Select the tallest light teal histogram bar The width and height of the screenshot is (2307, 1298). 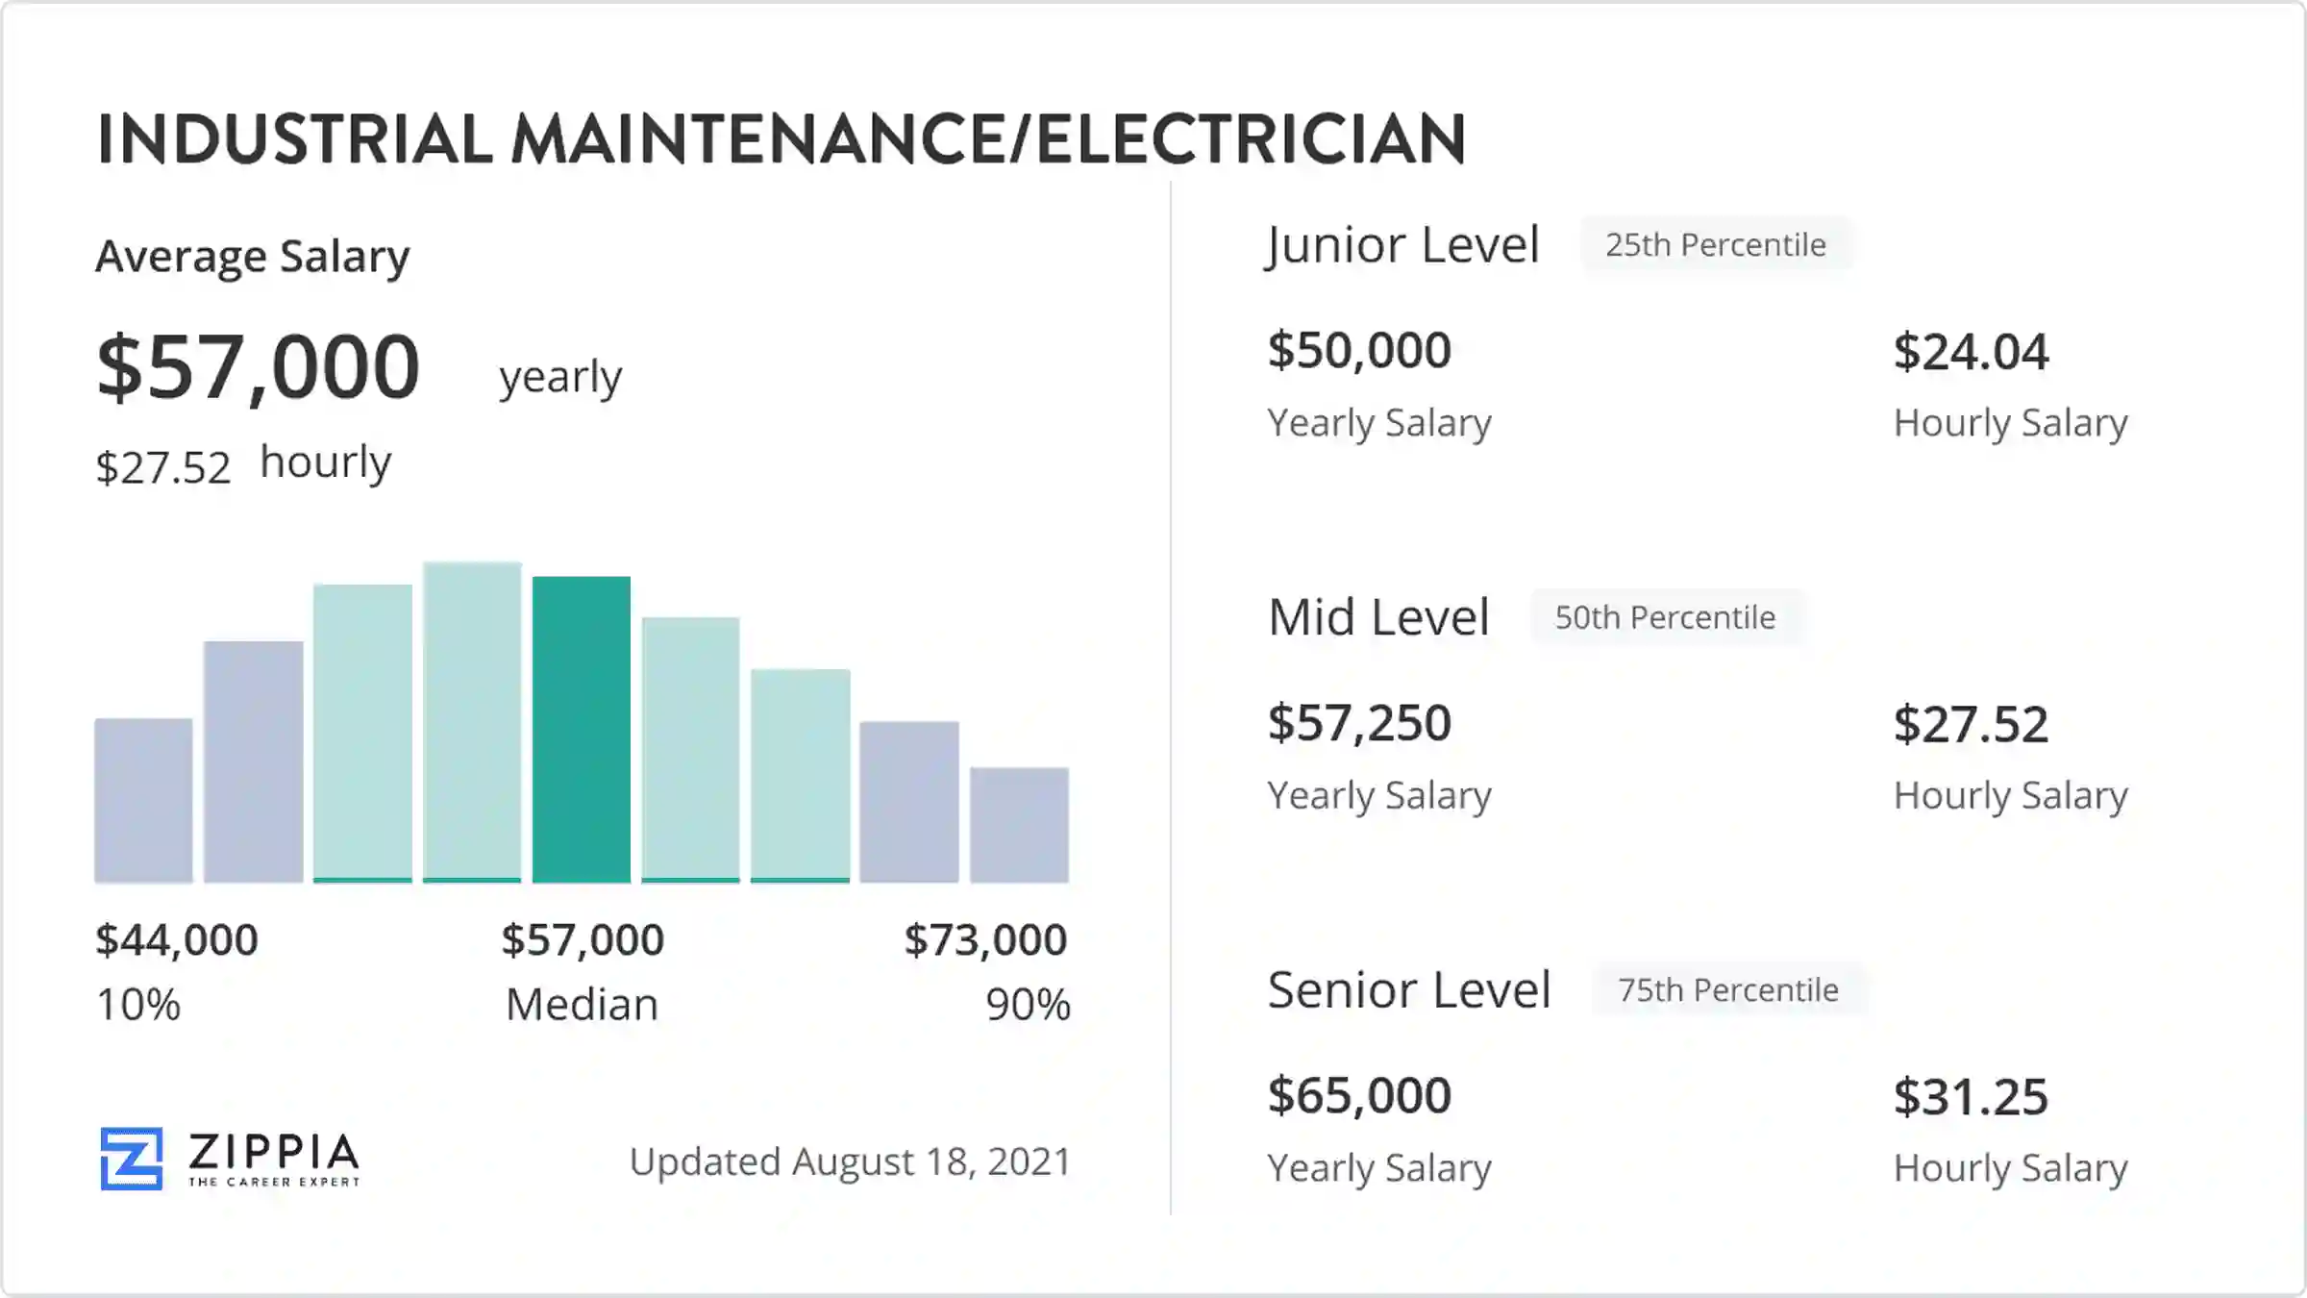[472, 721]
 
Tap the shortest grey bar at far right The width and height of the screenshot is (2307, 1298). [1019, 824]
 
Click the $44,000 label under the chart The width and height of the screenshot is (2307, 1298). [177, 939]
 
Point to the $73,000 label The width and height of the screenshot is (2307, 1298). [985, 939]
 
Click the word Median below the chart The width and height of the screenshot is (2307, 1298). [582, 1005]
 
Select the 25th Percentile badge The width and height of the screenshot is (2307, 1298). [1716, 245]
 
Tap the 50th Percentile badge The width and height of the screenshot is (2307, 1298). [1665, 617]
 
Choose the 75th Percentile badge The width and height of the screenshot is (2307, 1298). [1728, 989]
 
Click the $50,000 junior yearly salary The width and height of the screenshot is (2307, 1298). [1359, 350]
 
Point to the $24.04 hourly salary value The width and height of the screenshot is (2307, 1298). [1971, 352]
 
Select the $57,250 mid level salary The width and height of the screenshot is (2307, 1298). [1359, 723]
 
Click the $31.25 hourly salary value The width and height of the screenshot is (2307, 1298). [1971, 1097]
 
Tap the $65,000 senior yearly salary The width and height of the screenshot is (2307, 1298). [1359, 1095]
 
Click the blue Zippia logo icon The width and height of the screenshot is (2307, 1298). [132, 1159]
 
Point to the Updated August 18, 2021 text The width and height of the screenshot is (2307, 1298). [850, 1161]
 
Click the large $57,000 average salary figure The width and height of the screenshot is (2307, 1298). [259, 367]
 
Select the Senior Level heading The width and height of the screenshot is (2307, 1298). [1409, 989]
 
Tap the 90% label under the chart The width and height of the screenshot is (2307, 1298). [1028, 1005]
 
